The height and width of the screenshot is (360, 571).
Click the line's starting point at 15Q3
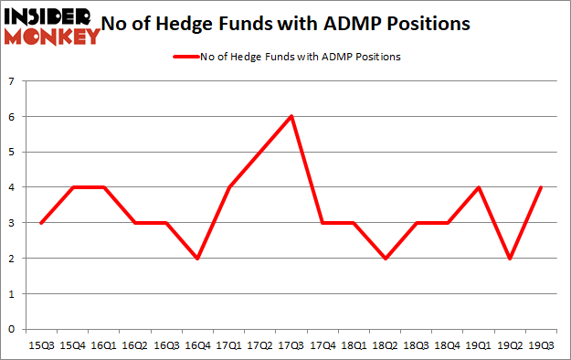point(42,223)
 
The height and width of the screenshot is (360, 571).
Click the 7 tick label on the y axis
point(13,81)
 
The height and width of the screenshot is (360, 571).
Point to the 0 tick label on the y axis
point(13,330)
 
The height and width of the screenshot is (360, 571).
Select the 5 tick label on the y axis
point(13,152)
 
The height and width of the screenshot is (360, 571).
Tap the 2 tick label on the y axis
point(13,259)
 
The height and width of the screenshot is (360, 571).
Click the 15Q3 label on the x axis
point(42,345)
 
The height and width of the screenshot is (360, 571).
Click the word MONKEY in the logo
point(52,37)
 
